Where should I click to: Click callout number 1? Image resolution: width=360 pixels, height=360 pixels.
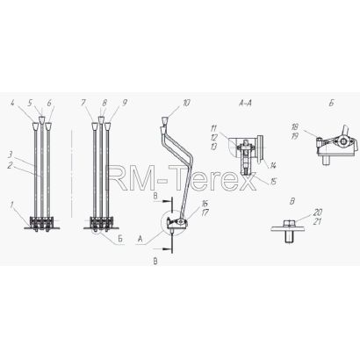click(x=11, y=205)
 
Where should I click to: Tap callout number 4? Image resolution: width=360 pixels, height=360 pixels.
click(x=12, y=103)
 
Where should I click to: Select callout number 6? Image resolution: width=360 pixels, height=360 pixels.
click(x=49, y=103)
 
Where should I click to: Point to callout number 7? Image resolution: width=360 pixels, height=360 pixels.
click(x=83, y=103)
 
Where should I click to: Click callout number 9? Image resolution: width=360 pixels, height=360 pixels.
click(x=125, y=103)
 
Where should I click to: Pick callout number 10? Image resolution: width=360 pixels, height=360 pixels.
click(x=186, y=103)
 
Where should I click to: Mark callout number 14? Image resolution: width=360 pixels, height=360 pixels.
click(x=273, y=166)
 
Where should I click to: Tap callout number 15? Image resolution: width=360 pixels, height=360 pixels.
click(x=273, y=182)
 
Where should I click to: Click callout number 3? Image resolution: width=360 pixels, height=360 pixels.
click(x=10, y=155)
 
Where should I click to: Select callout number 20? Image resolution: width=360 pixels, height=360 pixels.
click(x=317, y=212)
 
